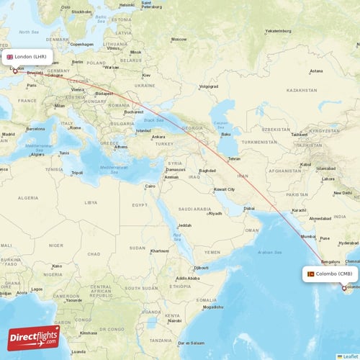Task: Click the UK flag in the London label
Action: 10,57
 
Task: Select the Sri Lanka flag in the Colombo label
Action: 310,274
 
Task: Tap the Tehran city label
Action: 233,158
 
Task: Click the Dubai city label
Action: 248,208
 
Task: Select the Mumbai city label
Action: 307,236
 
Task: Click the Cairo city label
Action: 150,186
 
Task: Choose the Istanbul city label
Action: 143,130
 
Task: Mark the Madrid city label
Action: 9,134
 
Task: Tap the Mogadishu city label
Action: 212,307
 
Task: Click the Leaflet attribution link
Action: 351,356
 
